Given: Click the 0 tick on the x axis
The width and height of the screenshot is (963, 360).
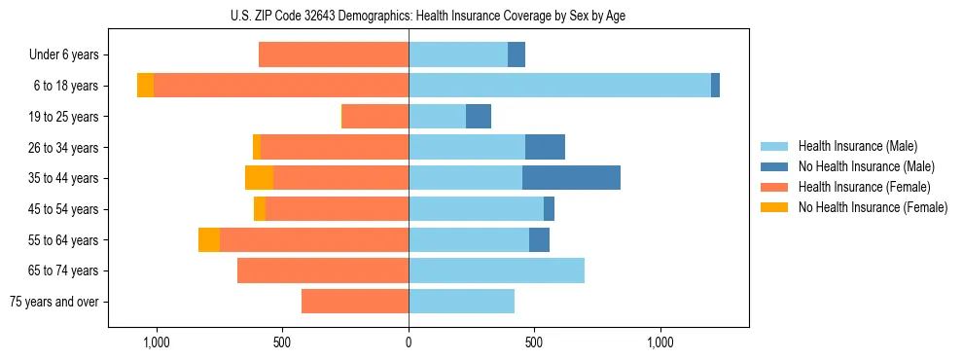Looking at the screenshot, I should click(x=409, y=343).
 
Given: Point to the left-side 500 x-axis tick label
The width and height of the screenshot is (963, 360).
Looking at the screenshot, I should click(x=282, y=343).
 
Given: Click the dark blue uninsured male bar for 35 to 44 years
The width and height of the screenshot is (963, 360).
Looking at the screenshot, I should click(x=571, y=178).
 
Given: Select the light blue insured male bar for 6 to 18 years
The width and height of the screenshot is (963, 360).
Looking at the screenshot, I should click(x=559, y=86).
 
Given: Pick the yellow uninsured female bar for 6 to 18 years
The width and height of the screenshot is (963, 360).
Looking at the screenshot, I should click(x=145, y=86).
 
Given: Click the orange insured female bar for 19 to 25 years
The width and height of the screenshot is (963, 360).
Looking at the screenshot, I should click(x=374, y=117).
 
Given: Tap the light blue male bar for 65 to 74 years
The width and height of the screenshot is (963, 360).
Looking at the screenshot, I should click(x=496, y=270).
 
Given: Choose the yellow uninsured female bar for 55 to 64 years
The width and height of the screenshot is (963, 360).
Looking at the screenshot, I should click(x=208, y=240).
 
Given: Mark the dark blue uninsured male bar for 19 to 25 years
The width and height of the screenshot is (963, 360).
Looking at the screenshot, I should click(x=479, y=117).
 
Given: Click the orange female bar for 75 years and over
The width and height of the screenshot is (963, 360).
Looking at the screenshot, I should click(x=355, y=302).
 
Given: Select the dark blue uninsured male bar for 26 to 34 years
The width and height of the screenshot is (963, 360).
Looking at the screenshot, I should click(x=545, y=147).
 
